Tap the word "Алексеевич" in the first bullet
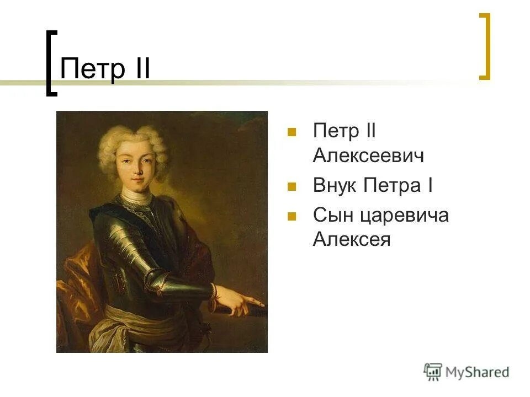(x=368, y=156)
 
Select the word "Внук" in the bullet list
(x=336, y=186)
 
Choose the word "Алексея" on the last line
(x=352, y=240)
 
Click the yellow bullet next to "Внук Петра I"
(x=291, y=186)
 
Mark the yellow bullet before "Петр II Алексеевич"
(x=291, y=132)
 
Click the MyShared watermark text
(x=477, y=372)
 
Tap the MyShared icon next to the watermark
(x=433, y=372)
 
